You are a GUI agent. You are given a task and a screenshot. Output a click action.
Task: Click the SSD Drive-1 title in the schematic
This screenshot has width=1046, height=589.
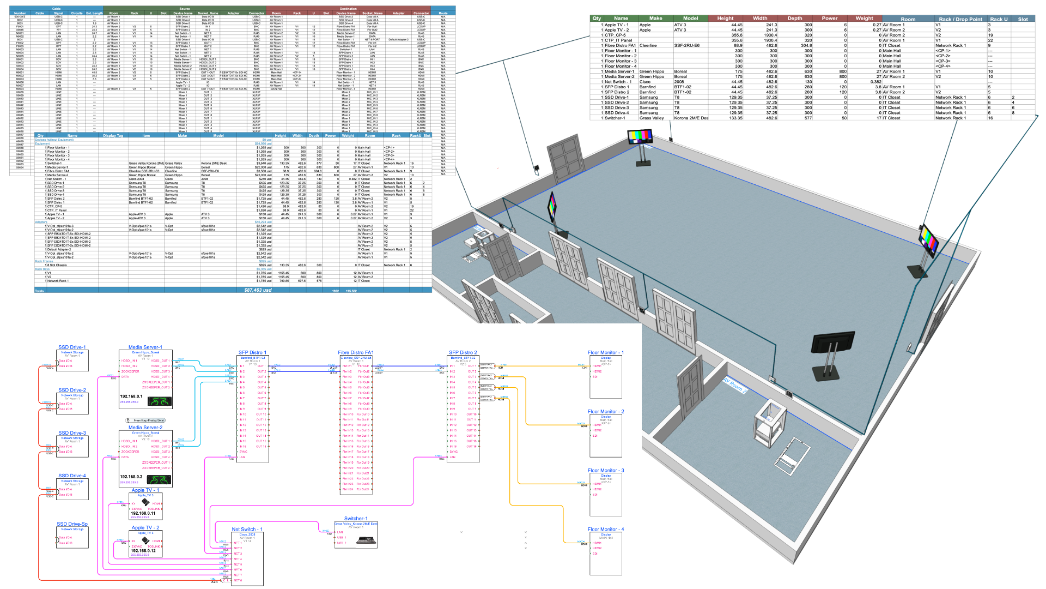(x=72, y=347)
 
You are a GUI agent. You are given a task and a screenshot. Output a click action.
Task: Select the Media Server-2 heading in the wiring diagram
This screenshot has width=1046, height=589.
(x=145, y=428)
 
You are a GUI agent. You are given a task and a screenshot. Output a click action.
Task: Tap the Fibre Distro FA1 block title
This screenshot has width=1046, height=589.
(x=356, y=353)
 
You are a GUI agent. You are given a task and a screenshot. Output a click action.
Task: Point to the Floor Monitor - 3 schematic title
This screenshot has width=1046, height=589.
(x=606, y=471)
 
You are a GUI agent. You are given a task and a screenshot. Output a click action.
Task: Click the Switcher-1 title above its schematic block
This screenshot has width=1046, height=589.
(x=356, y=519)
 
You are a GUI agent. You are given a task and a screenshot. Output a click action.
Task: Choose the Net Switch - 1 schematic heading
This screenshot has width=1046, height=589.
(x=247, y=530)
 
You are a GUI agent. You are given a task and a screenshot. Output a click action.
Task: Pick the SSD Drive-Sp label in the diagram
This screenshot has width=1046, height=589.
(x=72, y=524)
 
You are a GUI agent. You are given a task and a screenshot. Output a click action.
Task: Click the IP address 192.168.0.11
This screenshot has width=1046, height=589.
(x=143, y=513)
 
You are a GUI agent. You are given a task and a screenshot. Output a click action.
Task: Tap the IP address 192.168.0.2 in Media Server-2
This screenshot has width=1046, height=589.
(x=131, y=477)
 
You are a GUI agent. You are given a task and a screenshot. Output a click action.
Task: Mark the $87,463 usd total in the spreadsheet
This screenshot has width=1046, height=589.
(x=257, y=290)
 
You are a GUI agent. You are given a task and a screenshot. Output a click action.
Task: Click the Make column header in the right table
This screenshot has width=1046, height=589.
(x=655, y=19)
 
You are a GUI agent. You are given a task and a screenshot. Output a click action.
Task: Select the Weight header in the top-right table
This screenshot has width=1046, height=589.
(x=864, y=19)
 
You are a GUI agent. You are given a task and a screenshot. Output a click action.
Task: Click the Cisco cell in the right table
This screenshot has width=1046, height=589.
(x=646, y=82)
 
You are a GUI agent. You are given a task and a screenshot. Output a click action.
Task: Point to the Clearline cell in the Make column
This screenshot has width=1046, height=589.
(x=648, y=46)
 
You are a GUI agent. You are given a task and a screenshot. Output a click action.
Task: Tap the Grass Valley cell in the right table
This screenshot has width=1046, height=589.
(x=652, y=118)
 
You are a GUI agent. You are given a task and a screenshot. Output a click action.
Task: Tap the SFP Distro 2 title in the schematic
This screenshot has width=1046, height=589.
(x=463, y=353)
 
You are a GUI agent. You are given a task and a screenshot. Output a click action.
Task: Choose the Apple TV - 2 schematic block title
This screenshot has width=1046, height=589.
(x=145, y=528)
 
